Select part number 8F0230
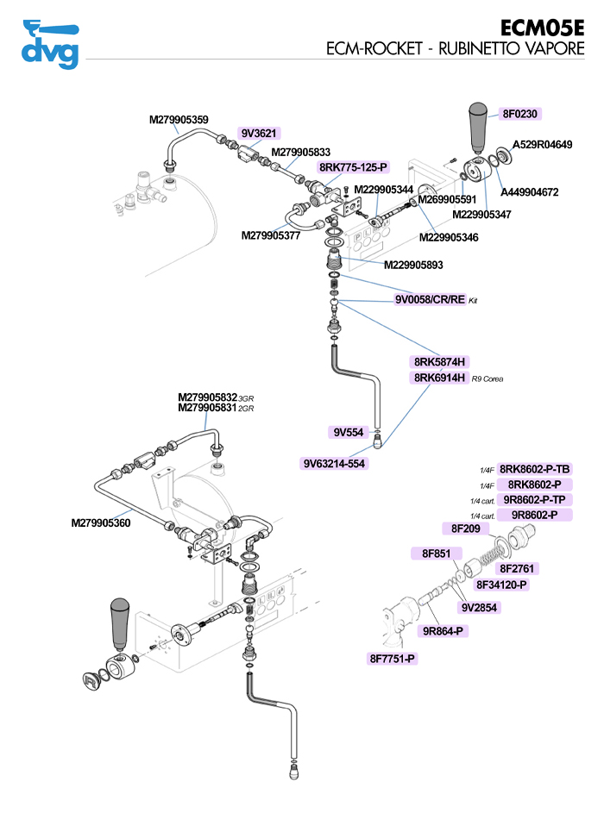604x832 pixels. click(x=521, y=114)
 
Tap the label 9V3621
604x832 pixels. click(x=258, y=133)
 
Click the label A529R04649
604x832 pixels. click(x=543, y=145)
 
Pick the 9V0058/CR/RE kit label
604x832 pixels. click(x=430, y=299)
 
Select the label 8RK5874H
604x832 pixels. click(x=439, y=362)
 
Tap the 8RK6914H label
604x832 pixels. click(x=439, y=378)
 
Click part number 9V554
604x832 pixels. click(x=349, y=431)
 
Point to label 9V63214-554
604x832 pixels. click(x=334, y=463)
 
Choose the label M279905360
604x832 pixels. click(x=101, y=522)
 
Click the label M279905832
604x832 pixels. click(x=207, y=397)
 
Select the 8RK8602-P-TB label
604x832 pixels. click(x=535, y=469)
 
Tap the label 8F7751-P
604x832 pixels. click(x=393, y=659)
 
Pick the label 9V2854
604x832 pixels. click(x=481, y=607)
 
